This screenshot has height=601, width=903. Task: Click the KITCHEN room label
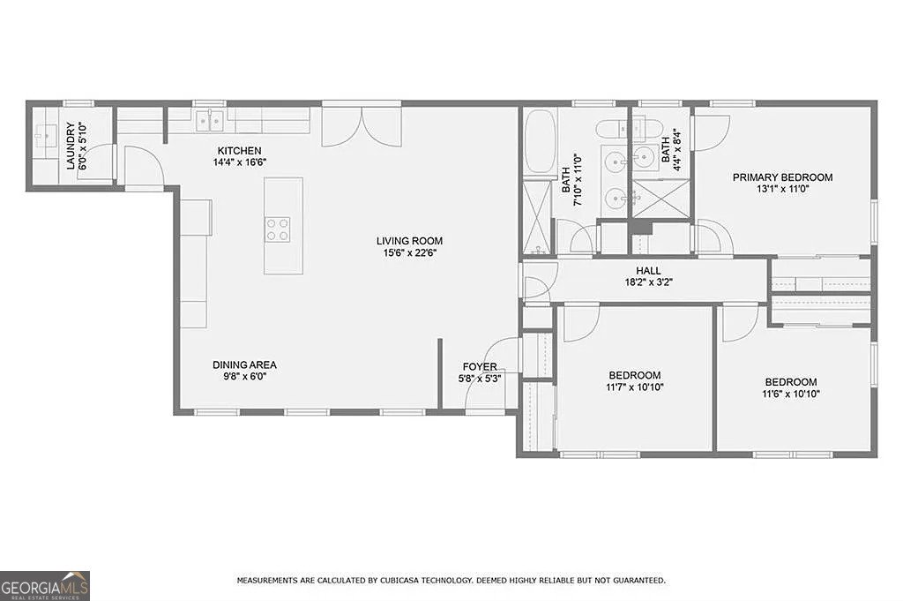(236, 151)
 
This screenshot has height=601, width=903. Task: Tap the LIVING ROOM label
(409, 240)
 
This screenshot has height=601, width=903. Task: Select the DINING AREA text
(244, 364)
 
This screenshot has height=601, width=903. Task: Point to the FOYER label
(480, 367)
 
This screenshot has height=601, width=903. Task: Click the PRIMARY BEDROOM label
(782, 177)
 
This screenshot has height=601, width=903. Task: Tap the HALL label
(648, 271)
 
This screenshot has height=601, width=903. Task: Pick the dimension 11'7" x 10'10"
(634, 387)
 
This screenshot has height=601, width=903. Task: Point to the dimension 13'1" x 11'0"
(782, 189)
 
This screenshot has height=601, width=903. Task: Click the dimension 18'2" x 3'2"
(648, 282)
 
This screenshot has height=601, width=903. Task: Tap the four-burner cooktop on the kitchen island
(278, 229)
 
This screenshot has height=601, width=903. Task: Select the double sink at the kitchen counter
(209, 119)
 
